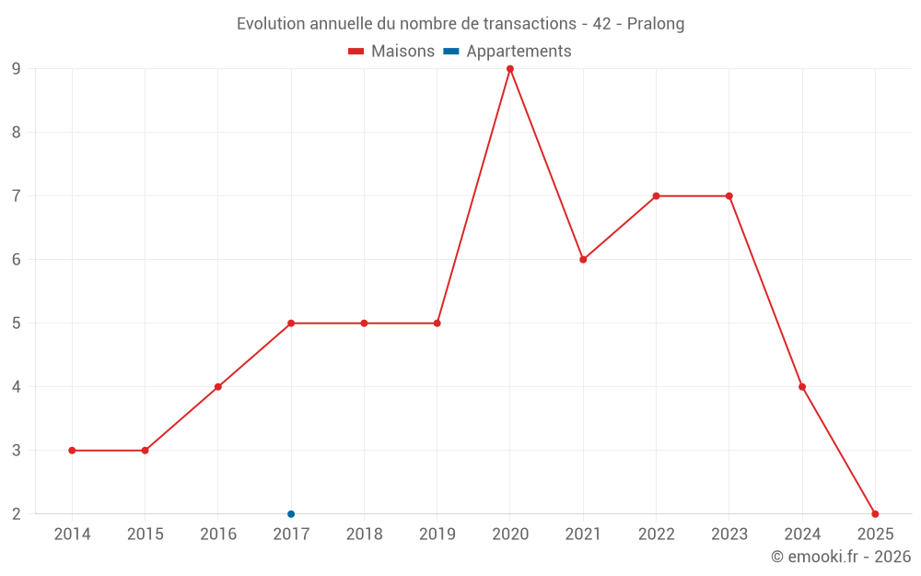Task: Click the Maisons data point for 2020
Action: coord(510,69)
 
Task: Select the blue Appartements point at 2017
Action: coord(291,514)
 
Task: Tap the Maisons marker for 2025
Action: coord(875,514)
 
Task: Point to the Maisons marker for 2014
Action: coord(72,451)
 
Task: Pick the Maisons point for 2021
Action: coord(583,260)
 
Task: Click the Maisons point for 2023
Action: coord(729,196)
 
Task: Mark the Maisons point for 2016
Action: coord(218,387)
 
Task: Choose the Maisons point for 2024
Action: coord(802,387)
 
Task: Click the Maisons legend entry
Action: coord(391,52)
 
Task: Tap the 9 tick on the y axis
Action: coord(17,69)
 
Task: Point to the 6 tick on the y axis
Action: coord(17,260)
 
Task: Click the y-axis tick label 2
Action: coord(17,514)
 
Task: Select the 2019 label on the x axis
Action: coord(437,535)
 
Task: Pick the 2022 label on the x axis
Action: coord(656,535)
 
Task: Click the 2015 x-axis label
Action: coord(145,535)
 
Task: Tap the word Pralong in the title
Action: coord(656,24)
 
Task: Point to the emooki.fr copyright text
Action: coord(841,557)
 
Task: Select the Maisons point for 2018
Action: coord(364,323)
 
